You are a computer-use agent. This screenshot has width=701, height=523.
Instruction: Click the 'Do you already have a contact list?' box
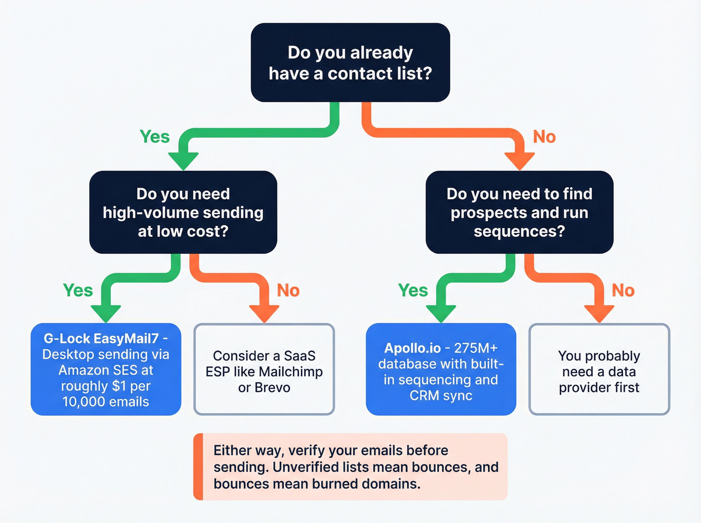coord(350,63)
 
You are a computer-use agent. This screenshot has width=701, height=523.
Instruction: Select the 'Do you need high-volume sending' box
coord(183,212)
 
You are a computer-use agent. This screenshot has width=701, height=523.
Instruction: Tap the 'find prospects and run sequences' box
coord(519,212)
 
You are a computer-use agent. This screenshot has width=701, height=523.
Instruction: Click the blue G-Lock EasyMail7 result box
coord(106,369)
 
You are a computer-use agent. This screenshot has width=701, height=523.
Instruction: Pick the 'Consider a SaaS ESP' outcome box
coord(264,369)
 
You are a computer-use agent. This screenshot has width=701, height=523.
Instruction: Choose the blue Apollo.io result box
coord(441,369)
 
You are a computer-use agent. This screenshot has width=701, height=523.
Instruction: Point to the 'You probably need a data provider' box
coord(599,369)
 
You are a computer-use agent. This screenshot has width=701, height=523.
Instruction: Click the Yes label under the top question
coord(154,137)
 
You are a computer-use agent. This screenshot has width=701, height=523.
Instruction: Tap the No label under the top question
coord(544,137)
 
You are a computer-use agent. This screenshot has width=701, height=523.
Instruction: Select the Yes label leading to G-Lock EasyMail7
coord(78,290)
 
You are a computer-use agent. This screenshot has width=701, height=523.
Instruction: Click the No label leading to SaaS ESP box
coord(288,290)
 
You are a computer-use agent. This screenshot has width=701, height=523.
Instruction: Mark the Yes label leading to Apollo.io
coord(413,290)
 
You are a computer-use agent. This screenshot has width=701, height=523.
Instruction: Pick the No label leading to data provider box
coord(623,290)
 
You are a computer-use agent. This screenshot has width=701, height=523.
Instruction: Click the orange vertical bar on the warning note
coord(198,466)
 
